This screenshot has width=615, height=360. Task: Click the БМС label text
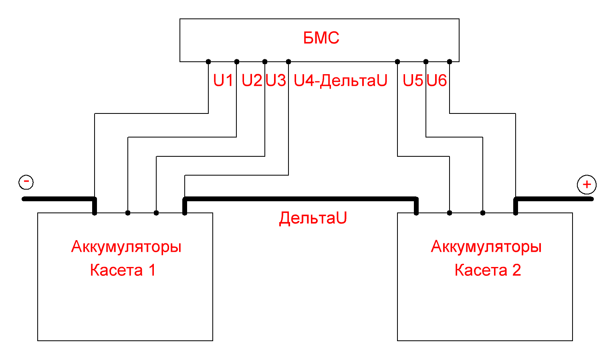(x=321, y=38)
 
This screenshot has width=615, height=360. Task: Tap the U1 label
(x=223, y=81)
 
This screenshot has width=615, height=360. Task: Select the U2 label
(x=251, y=81)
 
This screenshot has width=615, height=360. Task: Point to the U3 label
(x=276, y=81)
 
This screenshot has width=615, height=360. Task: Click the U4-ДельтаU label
(x=341, y=81)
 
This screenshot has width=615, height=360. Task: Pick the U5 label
(x=413, y=81)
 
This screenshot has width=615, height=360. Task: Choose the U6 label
(x=437, y=81)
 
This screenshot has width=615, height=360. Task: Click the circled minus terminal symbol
(x=26, y=182)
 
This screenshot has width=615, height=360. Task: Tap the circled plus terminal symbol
(x=587, y=184)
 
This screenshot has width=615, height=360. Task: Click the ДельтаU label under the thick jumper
(x=313, y=218)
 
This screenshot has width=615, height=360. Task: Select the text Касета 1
(x=123, y=270)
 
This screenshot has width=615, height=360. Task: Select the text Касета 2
(x=488, y=270)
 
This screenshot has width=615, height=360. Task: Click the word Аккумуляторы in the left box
(x=126, y=247)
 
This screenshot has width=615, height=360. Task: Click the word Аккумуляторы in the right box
(x=486, y=247)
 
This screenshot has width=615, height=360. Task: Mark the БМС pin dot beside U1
(x=208, y=62)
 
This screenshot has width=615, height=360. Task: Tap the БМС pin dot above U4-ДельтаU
(x=288, y=62)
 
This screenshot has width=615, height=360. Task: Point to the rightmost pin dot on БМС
(x=450, y=62)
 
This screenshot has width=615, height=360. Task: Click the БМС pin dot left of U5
(x=397, y=62)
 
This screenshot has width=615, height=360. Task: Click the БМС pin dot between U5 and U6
(x=426, y=62)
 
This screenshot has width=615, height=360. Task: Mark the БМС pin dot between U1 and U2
(x=237, y=62)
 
